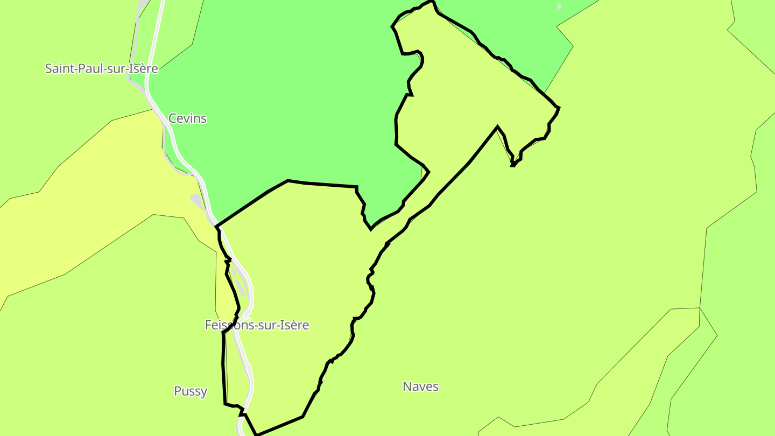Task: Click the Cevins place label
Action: click(187, 118)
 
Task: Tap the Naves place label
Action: click(420, 386)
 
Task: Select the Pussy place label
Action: click(191, 391)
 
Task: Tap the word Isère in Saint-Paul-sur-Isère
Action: click(143, 68)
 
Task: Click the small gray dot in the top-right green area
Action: click(559, 6)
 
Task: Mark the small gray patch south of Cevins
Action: click(197, 201)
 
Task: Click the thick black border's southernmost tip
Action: click(257, 434)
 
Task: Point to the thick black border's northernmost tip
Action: click(431, 2)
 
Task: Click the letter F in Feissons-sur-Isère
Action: click(208, 325)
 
